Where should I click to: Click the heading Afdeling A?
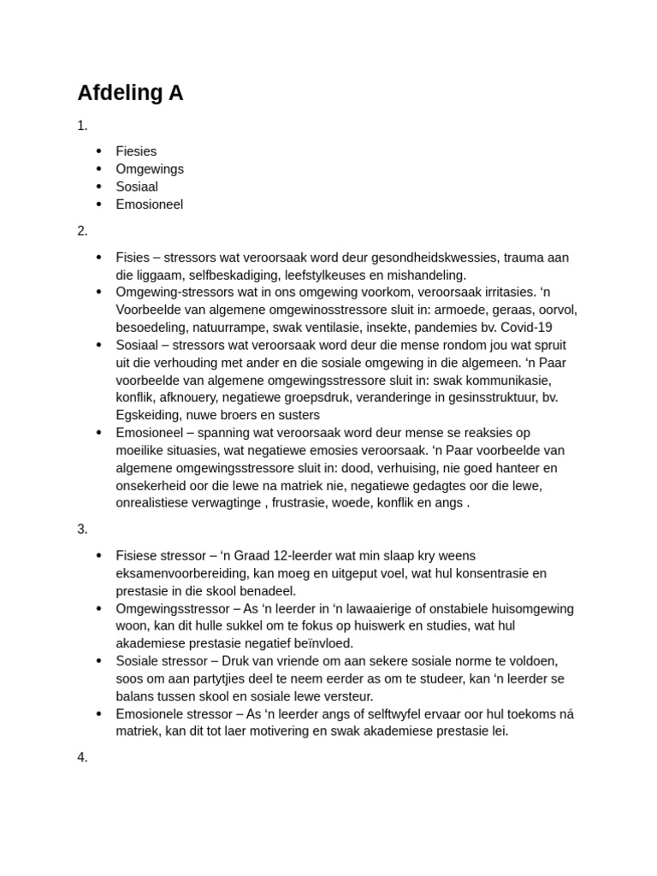[x=130, y=92]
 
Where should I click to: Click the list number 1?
[x=82, y=126]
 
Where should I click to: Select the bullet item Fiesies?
[x=136, y=151]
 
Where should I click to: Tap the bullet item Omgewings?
[x=150, y=169]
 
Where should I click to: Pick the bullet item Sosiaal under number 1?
[x=137, y=186]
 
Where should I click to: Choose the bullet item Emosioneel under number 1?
[x=149, y=204]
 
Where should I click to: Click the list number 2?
[x=82, y=231]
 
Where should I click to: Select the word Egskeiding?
[x=147, y=415]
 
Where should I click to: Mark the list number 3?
[x=82, y=529]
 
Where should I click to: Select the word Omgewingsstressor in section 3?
[x=174, y=608]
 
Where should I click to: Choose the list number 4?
[x=82, y=757]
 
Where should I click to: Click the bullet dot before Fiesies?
[x=99, y=151]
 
